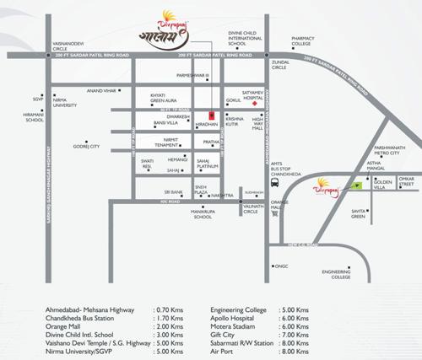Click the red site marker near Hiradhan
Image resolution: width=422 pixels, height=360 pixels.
(x=210, y=115)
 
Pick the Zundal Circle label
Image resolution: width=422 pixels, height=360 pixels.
(x=285, y=64)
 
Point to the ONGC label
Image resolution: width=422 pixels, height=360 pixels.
(x=282, y=266)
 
